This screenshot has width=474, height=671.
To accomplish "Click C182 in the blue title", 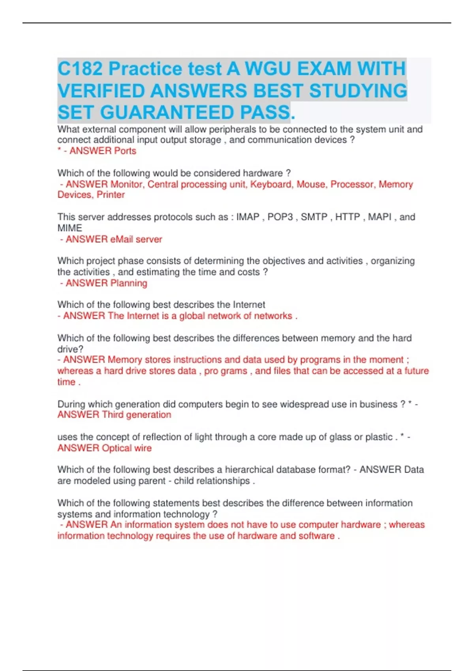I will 80,69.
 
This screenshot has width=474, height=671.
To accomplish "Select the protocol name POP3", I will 280,217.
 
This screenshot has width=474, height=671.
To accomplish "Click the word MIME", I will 70,228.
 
